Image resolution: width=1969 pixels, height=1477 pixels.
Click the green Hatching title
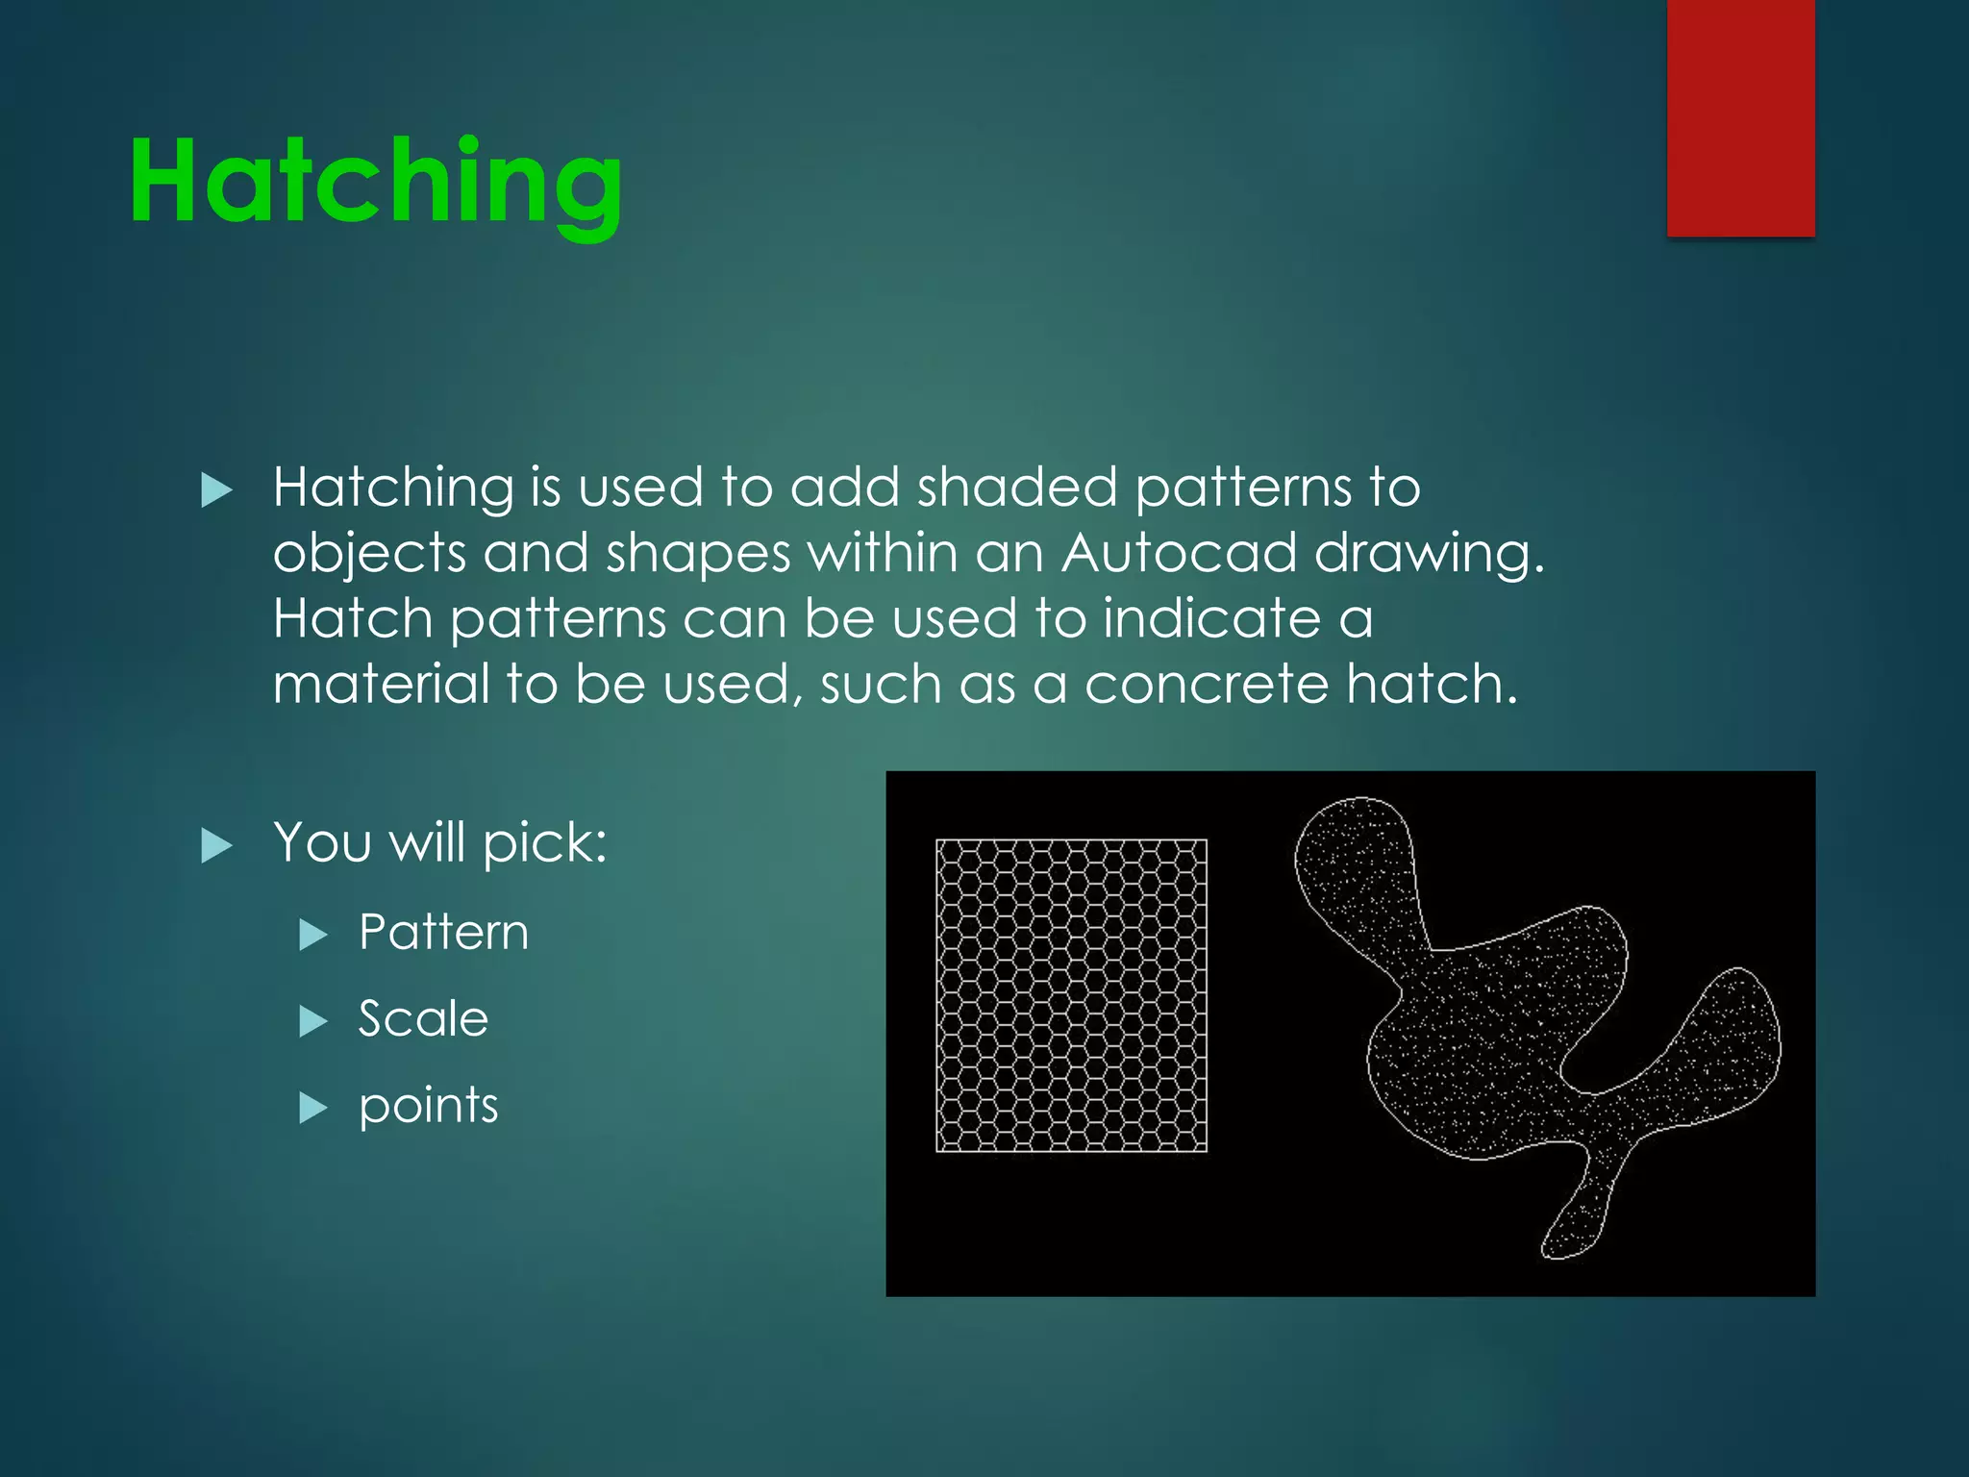tap(376, 183)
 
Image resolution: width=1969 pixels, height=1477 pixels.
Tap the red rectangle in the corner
tap(1740, 117)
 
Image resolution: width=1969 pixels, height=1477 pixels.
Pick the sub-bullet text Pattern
tap(443, 932)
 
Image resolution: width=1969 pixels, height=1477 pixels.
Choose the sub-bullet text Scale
tap(423, 1018)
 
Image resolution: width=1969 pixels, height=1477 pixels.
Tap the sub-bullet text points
tap(428, 1106)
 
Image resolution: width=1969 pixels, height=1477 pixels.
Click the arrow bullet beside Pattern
tap(313, 934)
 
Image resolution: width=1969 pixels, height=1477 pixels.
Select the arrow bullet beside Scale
tap(313, 1020)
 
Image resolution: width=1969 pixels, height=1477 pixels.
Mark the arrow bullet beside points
tap(313, 1108)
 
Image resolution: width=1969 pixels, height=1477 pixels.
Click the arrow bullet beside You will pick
tap(217, 846)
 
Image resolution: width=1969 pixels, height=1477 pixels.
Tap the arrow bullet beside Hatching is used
tap(217, 490)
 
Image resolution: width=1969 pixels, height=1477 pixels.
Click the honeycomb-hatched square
tap(1071, 995)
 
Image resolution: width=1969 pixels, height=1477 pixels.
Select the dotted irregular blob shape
tap(1500, 1039)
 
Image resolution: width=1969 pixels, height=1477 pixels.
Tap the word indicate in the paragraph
tap(1211, 618)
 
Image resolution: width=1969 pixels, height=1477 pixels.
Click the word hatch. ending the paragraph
tap(1432, 685)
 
